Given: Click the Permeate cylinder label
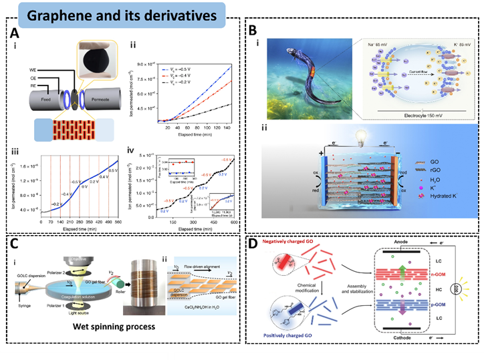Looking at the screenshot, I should (118, 113).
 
